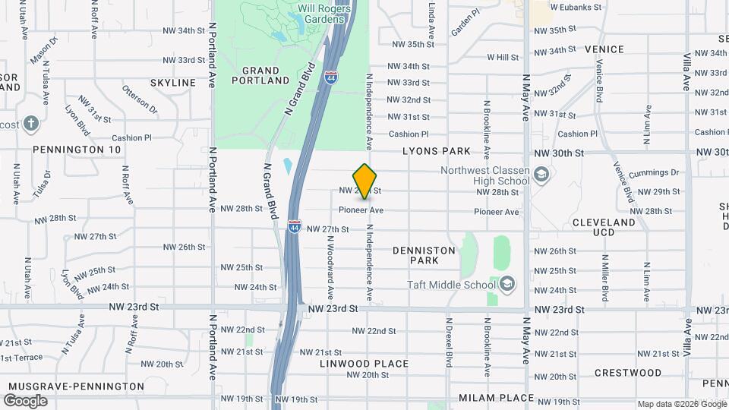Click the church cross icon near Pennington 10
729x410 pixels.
(x=30, y=124)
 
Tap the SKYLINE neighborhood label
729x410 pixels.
(x=173, y=82)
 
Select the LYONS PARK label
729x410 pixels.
(x=437, y=151)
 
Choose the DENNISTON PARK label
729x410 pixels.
(x=424, y=255)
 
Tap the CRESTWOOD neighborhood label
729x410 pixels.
(x=628, y=373)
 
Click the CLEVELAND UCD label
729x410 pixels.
(x=603, y=227)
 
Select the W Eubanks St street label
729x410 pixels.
(x=576, y=7)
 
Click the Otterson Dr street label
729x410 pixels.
(x=139, y=99)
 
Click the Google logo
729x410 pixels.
(x=25, y=401)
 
